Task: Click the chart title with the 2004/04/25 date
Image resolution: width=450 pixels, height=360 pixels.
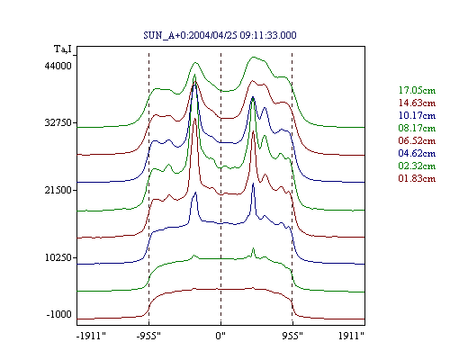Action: click(220, 35)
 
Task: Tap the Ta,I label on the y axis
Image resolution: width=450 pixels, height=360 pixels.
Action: click(63, 49)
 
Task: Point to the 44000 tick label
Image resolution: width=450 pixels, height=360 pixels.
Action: click(58, 66)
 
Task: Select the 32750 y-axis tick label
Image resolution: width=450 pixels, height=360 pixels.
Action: click(58, 122)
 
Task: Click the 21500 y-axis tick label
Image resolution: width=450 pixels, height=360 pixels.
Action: click(58, 190)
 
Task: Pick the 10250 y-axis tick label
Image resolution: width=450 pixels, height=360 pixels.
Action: click(58, 257)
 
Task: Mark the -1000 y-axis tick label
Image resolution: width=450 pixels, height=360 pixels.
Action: click(59, 314)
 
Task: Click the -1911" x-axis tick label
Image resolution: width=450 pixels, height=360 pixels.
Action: click(91, 336)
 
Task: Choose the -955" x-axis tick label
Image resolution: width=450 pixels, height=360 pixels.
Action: click(148, 336)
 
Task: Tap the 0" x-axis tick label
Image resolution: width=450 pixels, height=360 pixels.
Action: click(220, 336)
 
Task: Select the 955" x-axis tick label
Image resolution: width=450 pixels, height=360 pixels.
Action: click(292, 336)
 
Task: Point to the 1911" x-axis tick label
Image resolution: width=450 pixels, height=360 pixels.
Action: click(351, 336)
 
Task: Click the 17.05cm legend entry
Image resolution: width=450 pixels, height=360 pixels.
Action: click(417, 90)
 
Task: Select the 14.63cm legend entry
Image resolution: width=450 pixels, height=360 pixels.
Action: click(417, 103)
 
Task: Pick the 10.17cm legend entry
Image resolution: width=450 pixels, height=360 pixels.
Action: click(417, 115)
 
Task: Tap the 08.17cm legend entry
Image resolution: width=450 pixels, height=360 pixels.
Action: click(417, 128)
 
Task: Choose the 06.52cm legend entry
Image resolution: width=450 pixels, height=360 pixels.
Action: click(417, 140)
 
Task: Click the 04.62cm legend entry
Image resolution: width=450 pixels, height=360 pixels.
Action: click(417, 153)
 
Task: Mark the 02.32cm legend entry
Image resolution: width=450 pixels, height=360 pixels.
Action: click(417, 166)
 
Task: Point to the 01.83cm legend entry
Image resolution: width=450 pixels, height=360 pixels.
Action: click(417, 178)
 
